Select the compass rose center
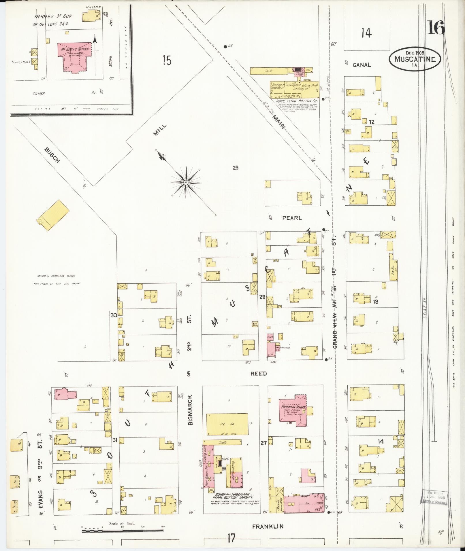186,183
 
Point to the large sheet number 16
436,28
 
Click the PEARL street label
292,218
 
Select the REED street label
258,374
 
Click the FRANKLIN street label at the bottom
268,527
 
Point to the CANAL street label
362,65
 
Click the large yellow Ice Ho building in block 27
227,424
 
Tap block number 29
236,168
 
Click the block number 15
166,61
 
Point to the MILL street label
160,130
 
